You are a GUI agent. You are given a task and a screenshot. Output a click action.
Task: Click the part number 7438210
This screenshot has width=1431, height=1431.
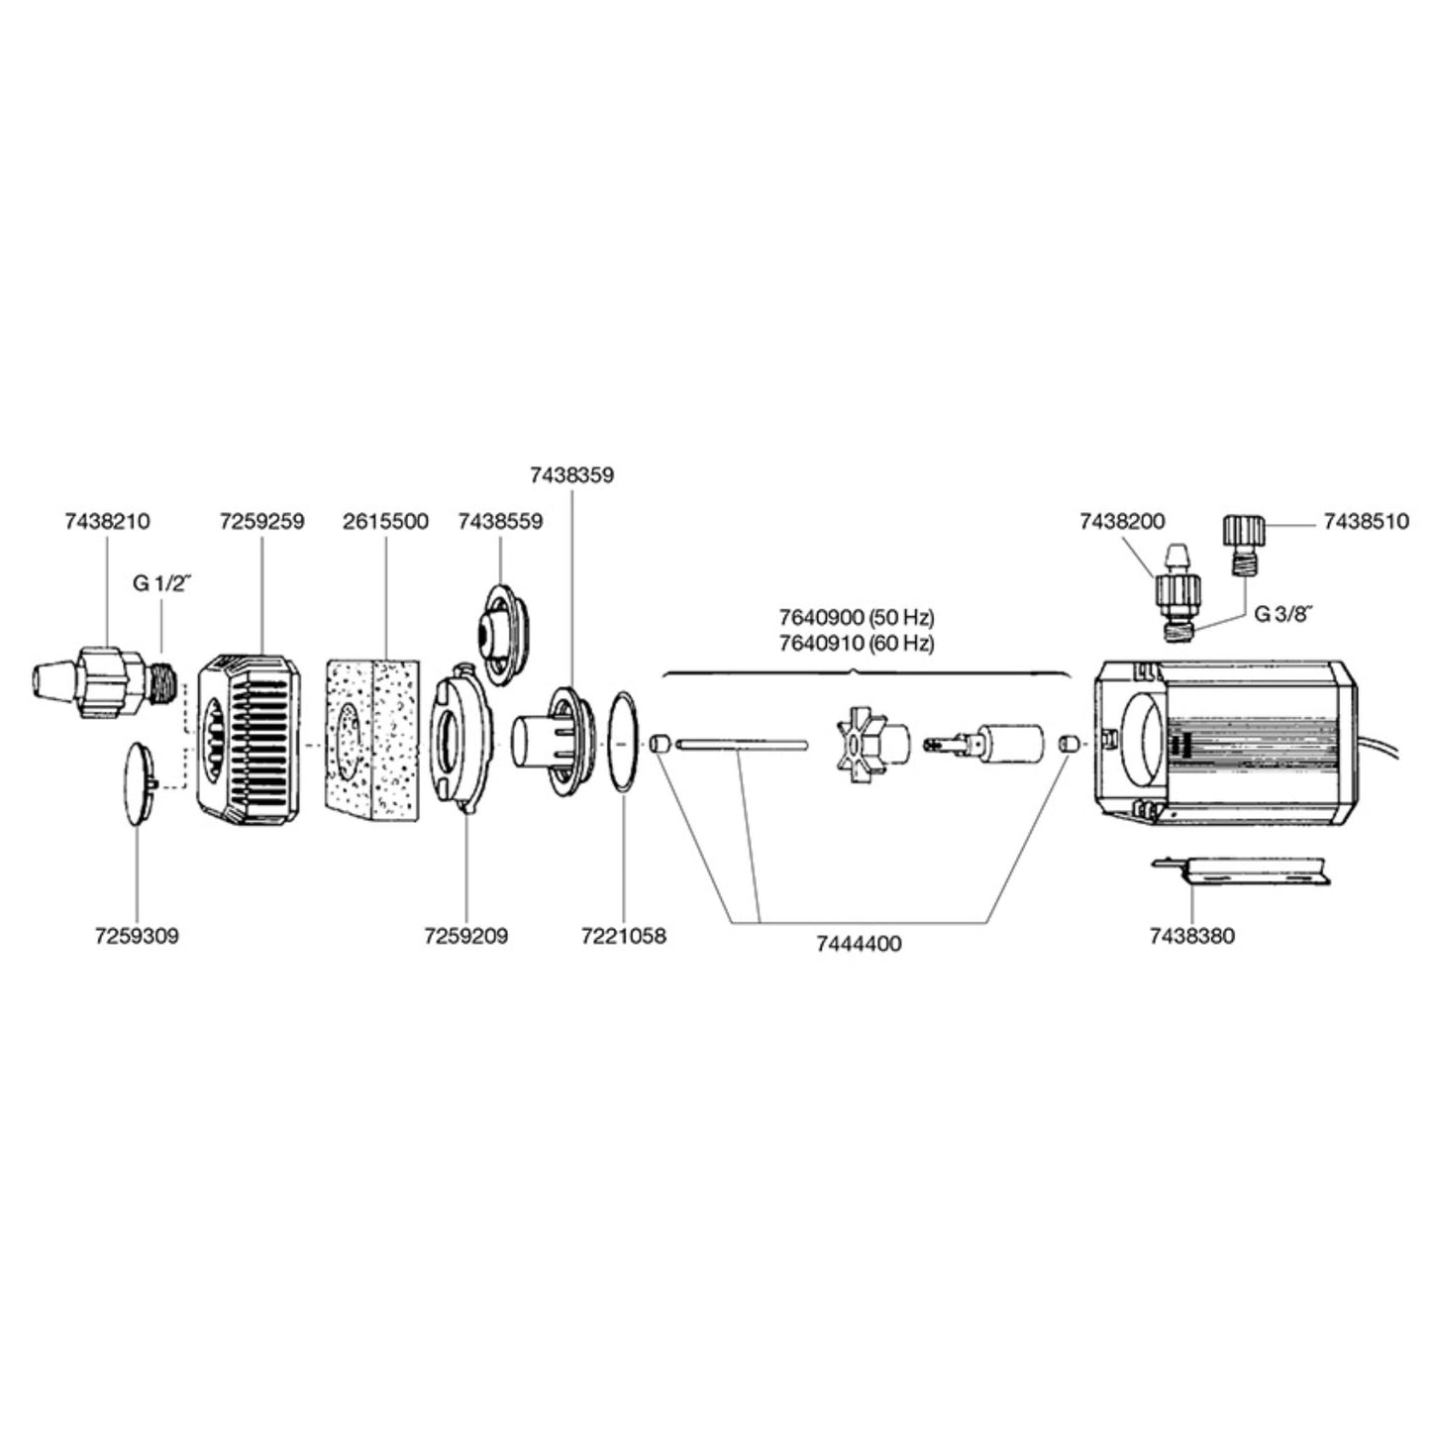107,522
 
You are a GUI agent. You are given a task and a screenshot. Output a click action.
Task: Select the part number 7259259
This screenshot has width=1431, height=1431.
261,522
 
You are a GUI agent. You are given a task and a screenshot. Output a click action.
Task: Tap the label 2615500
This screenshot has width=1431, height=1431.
385,522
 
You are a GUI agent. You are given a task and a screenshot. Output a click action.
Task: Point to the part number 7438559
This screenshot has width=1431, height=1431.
500,522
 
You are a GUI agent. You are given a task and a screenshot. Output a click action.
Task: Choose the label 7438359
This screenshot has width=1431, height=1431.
571,475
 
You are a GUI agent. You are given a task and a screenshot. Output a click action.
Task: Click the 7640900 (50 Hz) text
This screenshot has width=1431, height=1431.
857,618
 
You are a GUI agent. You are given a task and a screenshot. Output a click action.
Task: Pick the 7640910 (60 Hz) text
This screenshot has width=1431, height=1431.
857,642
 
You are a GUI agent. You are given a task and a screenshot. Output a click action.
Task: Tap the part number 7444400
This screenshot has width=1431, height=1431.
859,944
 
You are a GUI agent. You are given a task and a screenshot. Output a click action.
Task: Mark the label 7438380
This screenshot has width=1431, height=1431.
1192,935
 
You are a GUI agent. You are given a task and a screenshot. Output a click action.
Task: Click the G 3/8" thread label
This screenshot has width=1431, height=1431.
1282,613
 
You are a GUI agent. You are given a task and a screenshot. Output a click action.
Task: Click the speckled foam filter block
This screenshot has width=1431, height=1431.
371,738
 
